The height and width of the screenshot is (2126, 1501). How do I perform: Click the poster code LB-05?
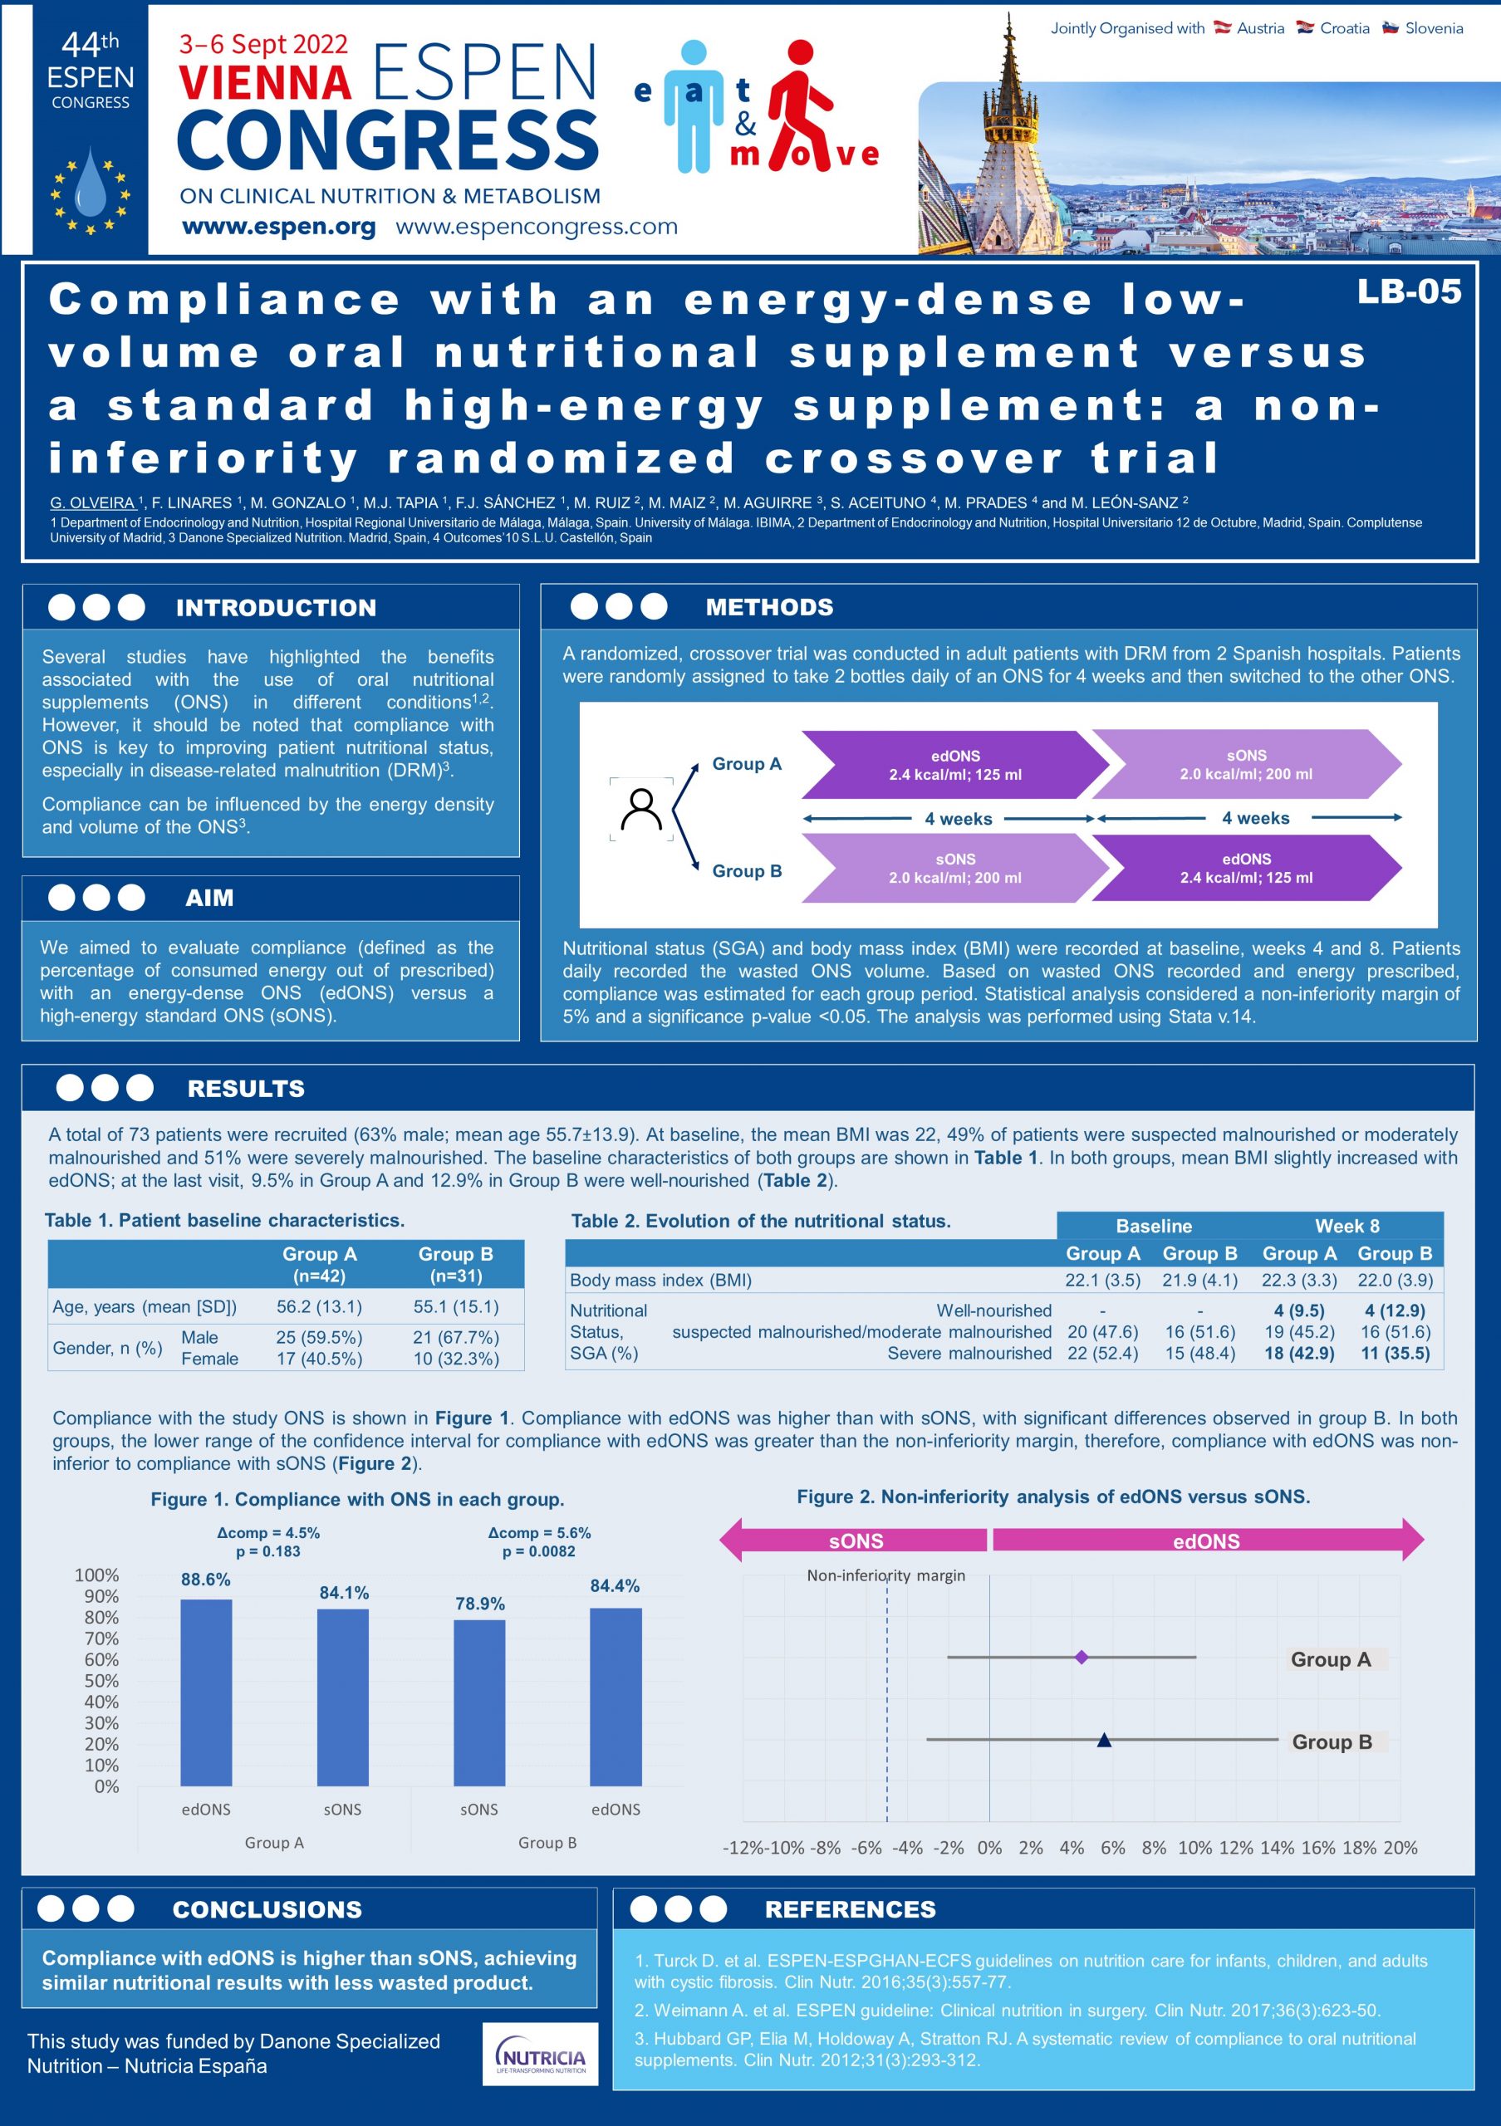click(1409, 291)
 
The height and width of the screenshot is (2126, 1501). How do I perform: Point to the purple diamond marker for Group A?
click(1081, 1657)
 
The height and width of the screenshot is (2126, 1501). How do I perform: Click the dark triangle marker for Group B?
click(1104, 1740)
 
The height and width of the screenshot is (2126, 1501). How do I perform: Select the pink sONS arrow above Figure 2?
click(855, 1541)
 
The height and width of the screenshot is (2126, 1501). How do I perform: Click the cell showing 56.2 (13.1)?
click(318, 1306)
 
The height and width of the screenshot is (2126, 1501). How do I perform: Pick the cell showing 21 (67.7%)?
click(455, 1337)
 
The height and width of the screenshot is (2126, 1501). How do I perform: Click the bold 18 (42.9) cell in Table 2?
click(1299, 1353)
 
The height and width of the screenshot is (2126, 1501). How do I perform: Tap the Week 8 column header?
click(1346, 1226)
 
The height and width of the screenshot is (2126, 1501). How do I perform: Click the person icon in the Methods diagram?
click(640, 808)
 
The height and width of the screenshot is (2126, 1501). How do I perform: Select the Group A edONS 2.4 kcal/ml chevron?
click(954, 765)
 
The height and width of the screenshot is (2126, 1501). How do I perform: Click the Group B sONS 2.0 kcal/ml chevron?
click(954, 869)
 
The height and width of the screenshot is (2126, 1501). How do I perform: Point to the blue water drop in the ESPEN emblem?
click(90, 184)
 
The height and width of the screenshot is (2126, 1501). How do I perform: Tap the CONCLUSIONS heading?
click(267, 1909)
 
